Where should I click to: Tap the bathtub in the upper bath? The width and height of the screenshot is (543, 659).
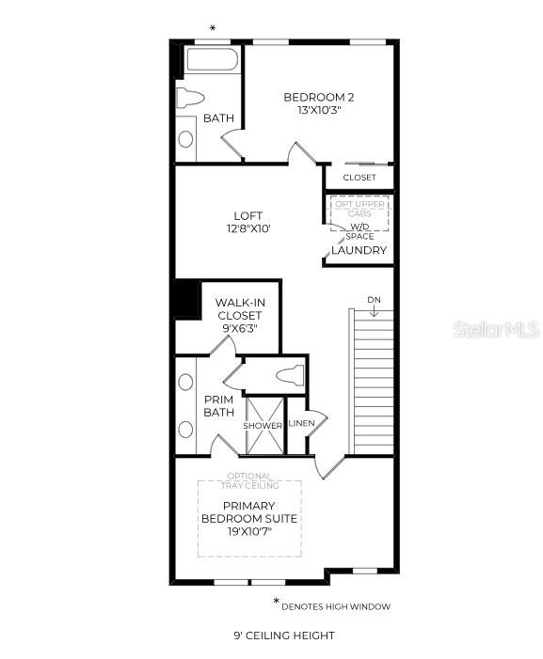pyautogui.click(x=212, y=60)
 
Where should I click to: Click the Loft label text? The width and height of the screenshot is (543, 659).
pyautogui.click(x=248, y=222)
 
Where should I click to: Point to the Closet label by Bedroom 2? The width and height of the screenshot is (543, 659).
pyautogui.click(x=359, y=178)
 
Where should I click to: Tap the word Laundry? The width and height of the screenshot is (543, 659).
pyautogui.click(x=359, y=251)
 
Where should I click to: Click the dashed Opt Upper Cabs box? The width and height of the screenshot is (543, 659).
pyautogui.click(x=359, y=213)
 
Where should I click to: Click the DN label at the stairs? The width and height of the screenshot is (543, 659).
pyautogui.click(x=374, y=300)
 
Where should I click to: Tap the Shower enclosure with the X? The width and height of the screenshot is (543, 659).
pyautogui.click(x=264, y=426)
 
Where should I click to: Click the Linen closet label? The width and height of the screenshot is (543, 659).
pyautogui.click(x=302, y=422)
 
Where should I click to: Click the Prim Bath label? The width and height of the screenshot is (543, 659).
pyautogui.click(x=218, y=406)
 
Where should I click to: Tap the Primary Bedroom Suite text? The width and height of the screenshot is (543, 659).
pyautogui.click(x=249, y=519)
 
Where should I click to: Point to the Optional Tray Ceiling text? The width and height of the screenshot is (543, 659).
pyautogui.click(x=249, y=481)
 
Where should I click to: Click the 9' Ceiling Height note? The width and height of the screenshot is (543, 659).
pyautogui.click(x=284, y=635)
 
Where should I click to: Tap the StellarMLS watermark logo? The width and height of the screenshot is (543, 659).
pyautogui.click(x=496, y=330)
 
